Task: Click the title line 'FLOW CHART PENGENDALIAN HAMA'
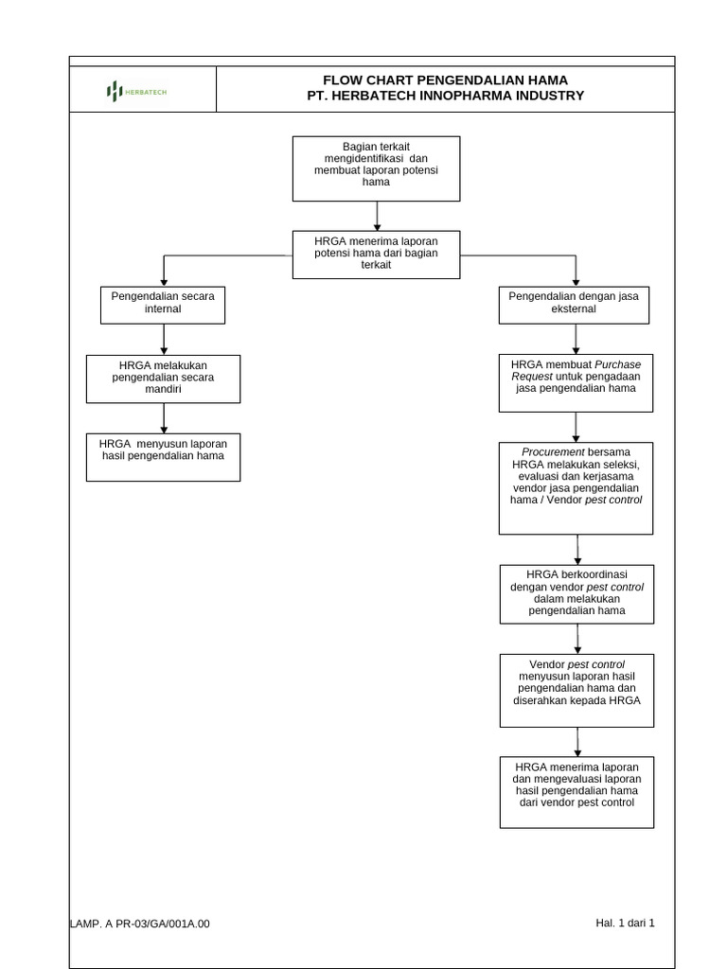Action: click(x=445, y=79)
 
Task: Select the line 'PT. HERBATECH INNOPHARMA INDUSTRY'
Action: click(x=445, y=96)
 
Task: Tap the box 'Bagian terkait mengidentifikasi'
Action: click(x=376, y=167)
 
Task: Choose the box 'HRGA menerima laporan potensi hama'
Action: click(x=376, y=254)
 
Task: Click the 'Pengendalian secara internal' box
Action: click(x=164, y=304)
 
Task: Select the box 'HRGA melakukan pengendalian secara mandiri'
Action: click(x=164, y=378)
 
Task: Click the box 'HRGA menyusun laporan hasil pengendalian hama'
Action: click(x=164, y=456)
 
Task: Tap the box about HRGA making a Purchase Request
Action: click(x=576, y=382)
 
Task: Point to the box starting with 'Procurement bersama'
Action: click(x=576, y=486)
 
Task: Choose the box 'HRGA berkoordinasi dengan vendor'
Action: click(x=576, y=593)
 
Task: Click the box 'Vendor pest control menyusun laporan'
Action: click(x=576, y=689)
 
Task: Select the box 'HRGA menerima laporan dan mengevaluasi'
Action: click(x=576, y=791)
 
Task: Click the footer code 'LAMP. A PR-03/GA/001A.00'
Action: click(x=140, y=924)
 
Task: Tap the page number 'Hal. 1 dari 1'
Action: click(x=625, y=923)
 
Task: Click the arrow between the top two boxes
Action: click(x=377, y=216)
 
